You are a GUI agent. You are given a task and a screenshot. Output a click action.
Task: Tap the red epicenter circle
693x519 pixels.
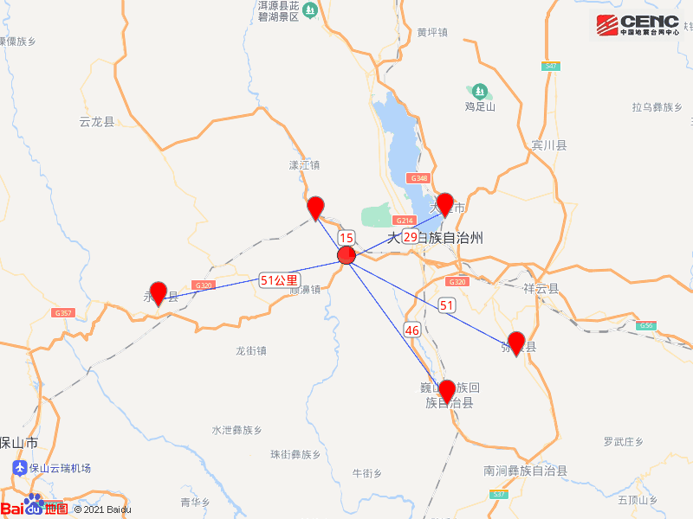[x=346, y=255]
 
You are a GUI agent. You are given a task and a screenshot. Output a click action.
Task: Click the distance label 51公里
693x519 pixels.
[x=279, y=280]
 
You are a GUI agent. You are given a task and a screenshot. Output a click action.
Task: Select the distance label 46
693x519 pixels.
[x=411, y=330]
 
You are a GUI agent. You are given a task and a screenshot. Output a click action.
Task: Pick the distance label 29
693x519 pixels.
[x=410, y=236]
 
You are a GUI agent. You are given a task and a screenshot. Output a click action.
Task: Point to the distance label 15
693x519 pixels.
[x=346, y=238]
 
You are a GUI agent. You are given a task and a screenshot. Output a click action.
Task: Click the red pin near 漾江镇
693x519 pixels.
[x=316, y=208]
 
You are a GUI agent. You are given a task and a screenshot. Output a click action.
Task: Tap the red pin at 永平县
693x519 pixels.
[x=158, y=293]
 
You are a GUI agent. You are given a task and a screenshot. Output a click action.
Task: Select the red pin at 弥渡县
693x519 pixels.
[x=516, y=343]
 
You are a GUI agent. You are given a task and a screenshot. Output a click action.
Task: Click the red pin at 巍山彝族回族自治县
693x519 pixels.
[x=447, y=391]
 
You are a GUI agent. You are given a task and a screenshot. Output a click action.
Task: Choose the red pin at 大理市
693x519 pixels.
[x=444, y=204]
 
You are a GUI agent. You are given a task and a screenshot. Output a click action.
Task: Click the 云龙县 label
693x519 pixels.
[x=96, y=122]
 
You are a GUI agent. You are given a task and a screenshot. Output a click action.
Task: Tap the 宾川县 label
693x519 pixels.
[x=549, y=145]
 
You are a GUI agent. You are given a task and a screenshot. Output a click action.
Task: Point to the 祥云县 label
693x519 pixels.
[x=542, y=289]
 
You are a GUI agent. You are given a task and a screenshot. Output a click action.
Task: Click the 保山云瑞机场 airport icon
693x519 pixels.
[x=19, y=468]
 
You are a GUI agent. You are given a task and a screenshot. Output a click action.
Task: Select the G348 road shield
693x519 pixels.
[x=419, y=178]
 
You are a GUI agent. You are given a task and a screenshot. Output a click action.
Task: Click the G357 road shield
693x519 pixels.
[x=62, y=313]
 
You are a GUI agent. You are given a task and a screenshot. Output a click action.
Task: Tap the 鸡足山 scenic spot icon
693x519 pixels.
[x=478, y=90]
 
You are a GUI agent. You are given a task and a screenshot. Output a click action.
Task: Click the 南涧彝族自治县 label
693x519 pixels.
[x=526, y=471]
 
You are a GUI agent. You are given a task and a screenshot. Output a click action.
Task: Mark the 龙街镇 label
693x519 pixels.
[x=251, y=351]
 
